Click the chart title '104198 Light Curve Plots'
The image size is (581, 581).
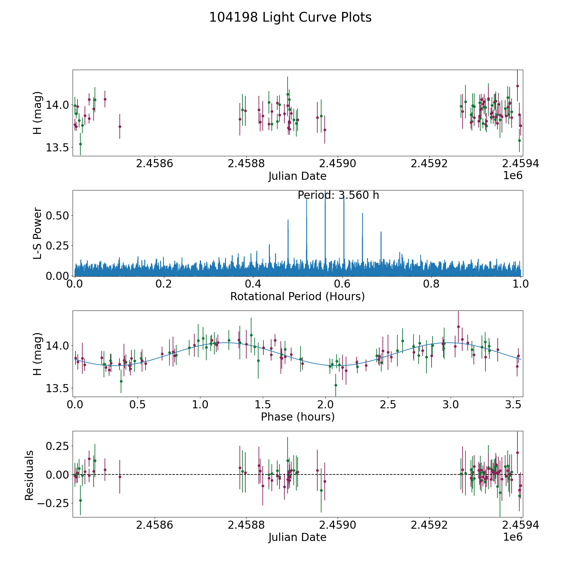coord(290,17)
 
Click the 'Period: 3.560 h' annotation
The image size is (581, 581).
coord(338,195)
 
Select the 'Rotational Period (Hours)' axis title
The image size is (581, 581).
coord(297,296)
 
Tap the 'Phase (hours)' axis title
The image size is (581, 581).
coord(297,417)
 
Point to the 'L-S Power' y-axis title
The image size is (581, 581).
coord(38,233)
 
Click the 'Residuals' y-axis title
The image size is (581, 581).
coord(29,475)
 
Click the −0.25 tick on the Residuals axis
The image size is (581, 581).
coord(52,503)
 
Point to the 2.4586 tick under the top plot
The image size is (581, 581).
coord(155,164)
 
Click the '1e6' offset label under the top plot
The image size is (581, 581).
coord(513,176)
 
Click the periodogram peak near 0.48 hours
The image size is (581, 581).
coord(288,220)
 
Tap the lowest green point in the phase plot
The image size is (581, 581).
coord(336,385)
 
